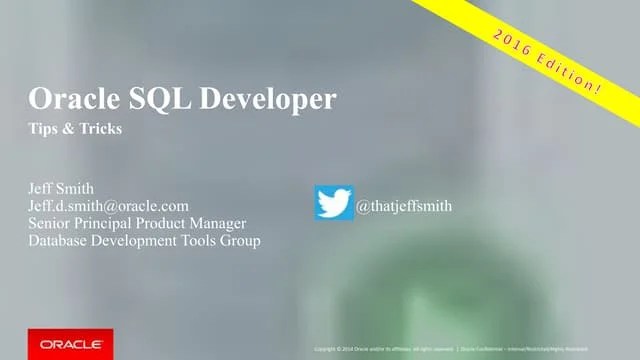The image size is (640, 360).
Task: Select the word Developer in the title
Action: pyautogui.click(x=265, y=100)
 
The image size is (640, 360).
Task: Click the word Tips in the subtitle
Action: pyautogui.click(x=45, y=130)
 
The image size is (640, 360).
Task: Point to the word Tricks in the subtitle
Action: pyautogui.click(x=100, y=130)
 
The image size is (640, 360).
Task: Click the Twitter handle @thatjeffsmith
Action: pyautogui.click(x=405, y=206)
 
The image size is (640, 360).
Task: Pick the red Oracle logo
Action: pyautogui.click(x=70, y=343)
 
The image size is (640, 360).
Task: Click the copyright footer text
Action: pyautogui.click(x=470, y=349)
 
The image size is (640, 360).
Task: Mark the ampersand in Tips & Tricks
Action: pyautogui.click(x=68, y=130)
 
